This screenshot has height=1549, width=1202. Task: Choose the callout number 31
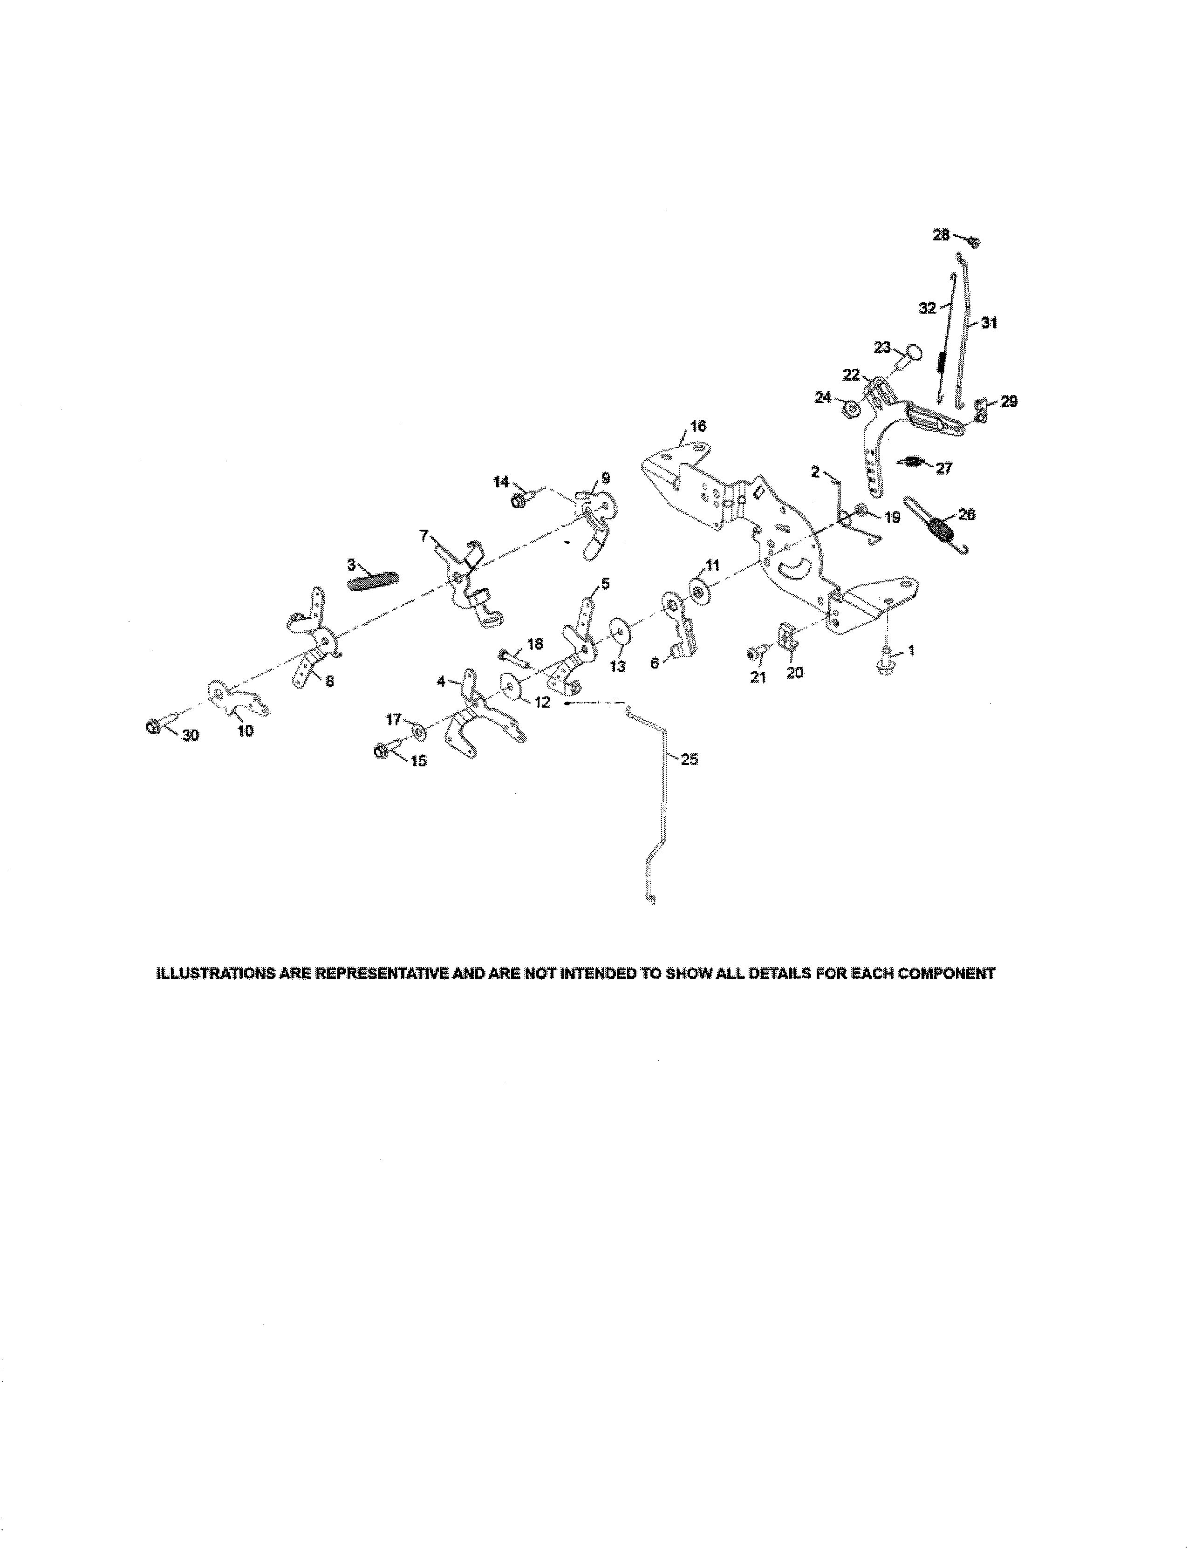[x=989, y=323]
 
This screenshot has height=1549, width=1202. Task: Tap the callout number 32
[x=927, y=308]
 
